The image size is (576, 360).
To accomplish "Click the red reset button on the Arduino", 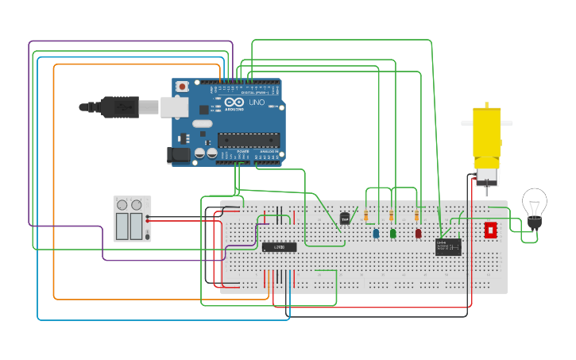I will click(182, 86).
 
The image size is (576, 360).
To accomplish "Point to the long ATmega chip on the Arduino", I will click(248, 141).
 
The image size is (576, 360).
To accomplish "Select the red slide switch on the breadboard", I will click(490, 230).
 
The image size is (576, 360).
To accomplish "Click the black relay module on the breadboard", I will click(447, 247).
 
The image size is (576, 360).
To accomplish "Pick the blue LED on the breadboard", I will click(376, 234).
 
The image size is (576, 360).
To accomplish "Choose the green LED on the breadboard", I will click(393, 234).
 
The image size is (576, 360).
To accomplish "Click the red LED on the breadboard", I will click(419, 234).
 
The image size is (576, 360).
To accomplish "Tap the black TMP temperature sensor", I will click(345, 219).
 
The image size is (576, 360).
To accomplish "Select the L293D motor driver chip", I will click(279, 247).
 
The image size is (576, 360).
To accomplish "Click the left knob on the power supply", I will click(122, 205).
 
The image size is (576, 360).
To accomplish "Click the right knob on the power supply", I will click(137, 205).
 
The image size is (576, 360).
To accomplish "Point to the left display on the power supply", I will click(122, 226).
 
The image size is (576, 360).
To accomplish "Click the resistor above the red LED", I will click(417, 216).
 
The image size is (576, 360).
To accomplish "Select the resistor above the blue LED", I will click(365, 216).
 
